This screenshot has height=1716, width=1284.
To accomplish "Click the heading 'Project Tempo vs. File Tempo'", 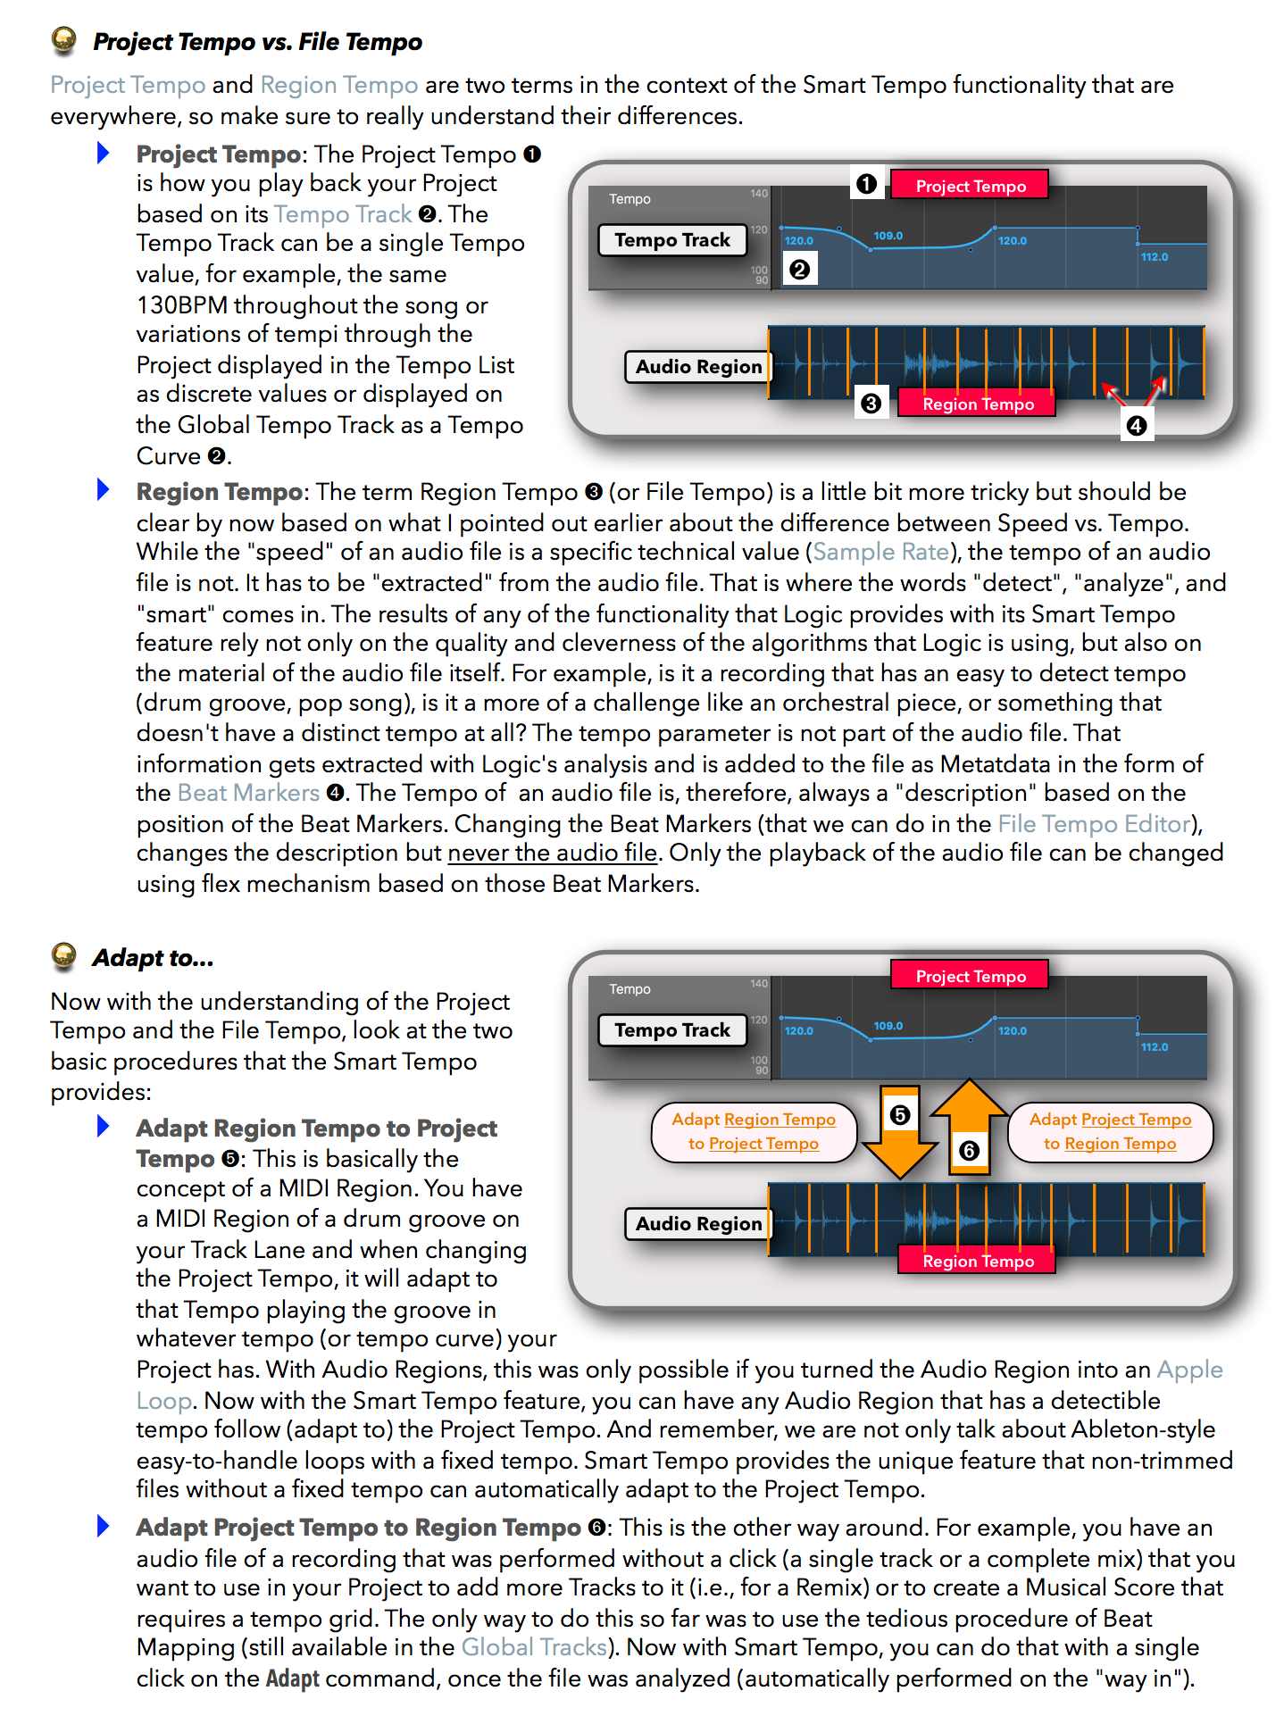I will [257, 42].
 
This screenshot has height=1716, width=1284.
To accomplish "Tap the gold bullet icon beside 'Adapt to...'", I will [64, 956].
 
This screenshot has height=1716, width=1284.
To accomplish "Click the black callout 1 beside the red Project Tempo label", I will [866, 184].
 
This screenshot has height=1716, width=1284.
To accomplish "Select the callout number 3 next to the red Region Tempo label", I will [871, 404].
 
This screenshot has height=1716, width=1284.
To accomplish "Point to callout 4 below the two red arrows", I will [1136, 426].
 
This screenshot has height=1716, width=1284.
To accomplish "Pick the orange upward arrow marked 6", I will [969, 1127].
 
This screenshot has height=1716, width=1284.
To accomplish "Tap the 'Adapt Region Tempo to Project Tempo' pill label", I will [754, 1131].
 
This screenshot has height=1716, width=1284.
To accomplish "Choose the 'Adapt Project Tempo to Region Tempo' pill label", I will [1110, 1131].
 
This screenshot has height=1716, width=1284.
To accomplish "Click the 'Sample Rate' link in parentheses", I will [880, 552].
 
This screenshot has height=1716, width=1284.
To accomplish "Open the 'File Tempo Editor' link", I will [1095, 823].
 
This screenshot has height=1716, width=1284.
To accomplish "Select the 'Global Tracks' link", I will [534, 1647].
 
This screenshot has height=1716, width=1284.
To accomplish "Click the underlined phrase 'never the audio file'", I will [552, 854].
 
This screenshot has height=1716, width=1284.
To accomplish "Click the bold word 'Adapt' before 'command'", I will [292, 1679].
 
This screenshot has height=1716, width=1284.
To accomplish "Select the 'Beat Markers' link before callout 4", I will [248, 793].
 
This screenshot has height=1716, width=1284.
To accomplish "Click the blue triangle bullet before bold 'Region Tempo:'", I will [104, 490].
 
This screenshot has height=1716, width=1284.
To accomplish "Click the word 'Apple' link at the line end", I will [1189, 1370].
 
